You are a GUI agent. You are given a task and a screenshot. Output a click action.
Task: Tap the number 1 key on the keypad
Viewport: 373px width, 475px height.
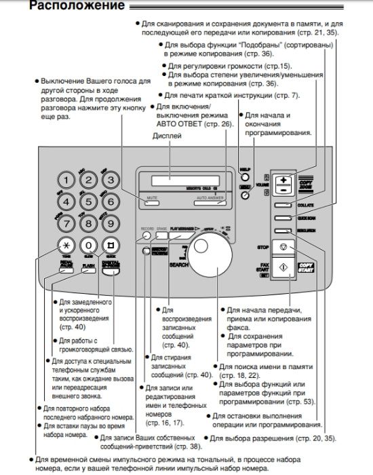coord(66,179)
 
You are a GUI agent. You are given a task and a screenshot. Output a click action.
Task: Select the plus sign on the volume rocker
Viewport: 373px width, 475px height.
coord(283,178)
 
